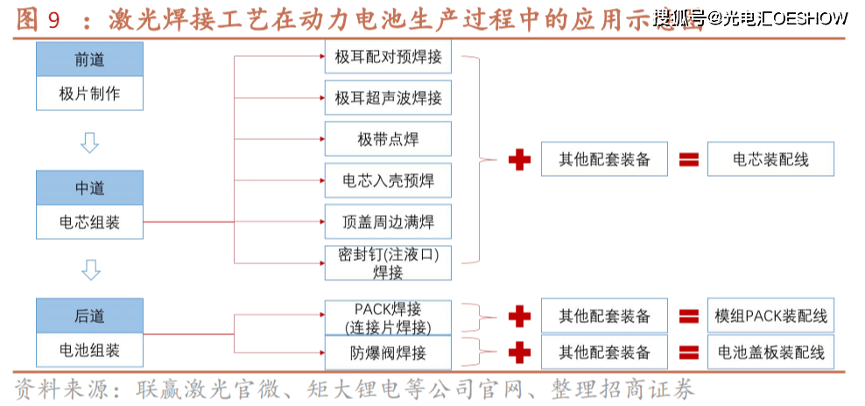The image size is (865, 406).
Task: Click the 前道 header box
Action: [x=89, y=60]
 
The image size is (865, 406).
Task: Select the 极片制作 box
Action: [x=89, y=94]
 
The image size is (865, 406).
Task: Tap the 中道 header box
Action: [x=89, y=188]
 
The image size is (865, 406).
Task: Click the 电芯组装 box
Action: [x=89, y=222]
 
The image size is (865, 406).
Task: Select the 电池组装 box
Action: [x=89, y=351]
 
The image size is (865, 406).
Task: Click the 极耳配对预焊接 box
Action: [x=388, y=59]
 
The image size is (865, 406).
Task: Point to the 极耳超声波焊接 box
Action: [x=388, y=98]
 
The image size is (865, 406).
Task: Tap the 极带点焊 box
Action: [x=388, y=139]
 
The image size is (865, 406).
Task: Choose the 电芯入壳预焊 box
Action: [x=388, y=180]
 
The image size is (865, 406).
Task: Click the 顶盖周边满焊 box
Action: [x=388, y=221]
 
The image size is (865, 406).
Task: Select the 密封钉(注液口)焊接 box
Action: [x=388, y=262]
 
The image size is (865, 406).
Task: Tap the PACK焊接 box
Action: [x=388, y=318]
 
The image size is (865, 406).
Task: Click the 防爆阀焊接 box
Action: [x=388, y=353]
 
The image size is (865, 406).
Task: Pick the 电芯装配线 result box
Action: [x=770, y=159]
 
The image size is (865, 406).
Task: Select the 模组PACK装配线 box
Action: [x=770, y=316]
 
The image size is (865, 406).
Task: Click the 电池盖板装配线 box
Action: [x=770, y=353]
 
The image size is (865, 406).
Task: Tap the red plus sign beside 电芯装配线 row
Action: [x=520, y=160]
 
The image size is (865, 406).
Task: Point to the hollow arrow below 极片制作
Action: [x=89, y=141]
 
